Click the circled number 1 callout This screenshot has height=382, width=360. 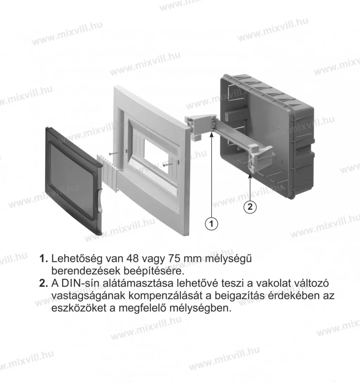(x=211, y=223)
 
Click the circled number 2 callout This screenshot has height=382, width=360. (x=250, y=207)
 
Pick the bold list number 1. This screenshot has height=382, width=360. (x=43, y=259)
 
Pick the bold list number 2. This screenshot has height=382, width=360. (x=43, y=283)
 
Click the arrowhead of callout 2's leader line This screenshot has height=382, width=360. (x=250, y=177)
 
